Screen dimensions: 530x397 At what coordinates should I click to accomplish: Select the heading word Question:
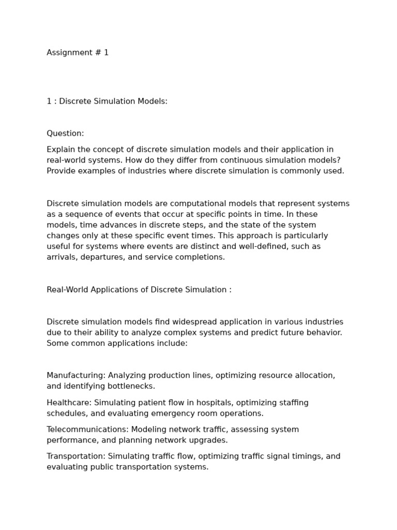click(65, 134)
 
